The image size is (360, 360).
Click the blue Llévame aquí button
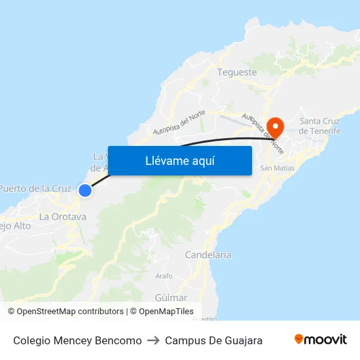click(179, 160)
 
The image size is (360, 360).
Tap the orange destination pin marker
click(276, 127)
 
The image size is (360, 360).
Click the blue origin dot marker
click(85, 190)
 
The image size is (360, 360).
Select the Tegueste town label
click(236, 73)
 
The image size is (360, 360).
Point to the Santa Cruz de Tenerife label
click(319, 126)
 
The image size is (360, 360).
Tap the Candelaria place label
click(208, 255)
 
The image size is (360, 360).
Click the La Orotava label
click(63, 217)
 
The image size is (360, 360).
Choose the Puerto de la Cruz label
click(35, 189)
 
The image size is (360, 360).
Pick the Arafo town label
click(164, 276)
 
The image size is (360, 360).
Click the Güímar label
click(171, 297)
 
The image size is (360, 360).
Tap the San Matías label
click(278, 168)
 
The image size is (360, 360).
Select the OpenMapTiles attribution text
click(166, 312)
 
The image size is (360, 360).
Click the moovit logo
click(321, 340)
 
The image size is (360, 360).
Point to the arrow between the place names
click(153, 340)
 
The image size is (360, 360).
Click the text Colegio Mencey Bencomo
click(77, 340)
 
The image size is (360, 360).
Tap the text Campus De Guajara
click(214, 340)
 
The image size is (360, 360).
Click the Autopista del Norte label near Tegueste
click(179, 123)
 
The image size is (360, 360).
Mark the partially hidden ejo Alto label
click(15, 226)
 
